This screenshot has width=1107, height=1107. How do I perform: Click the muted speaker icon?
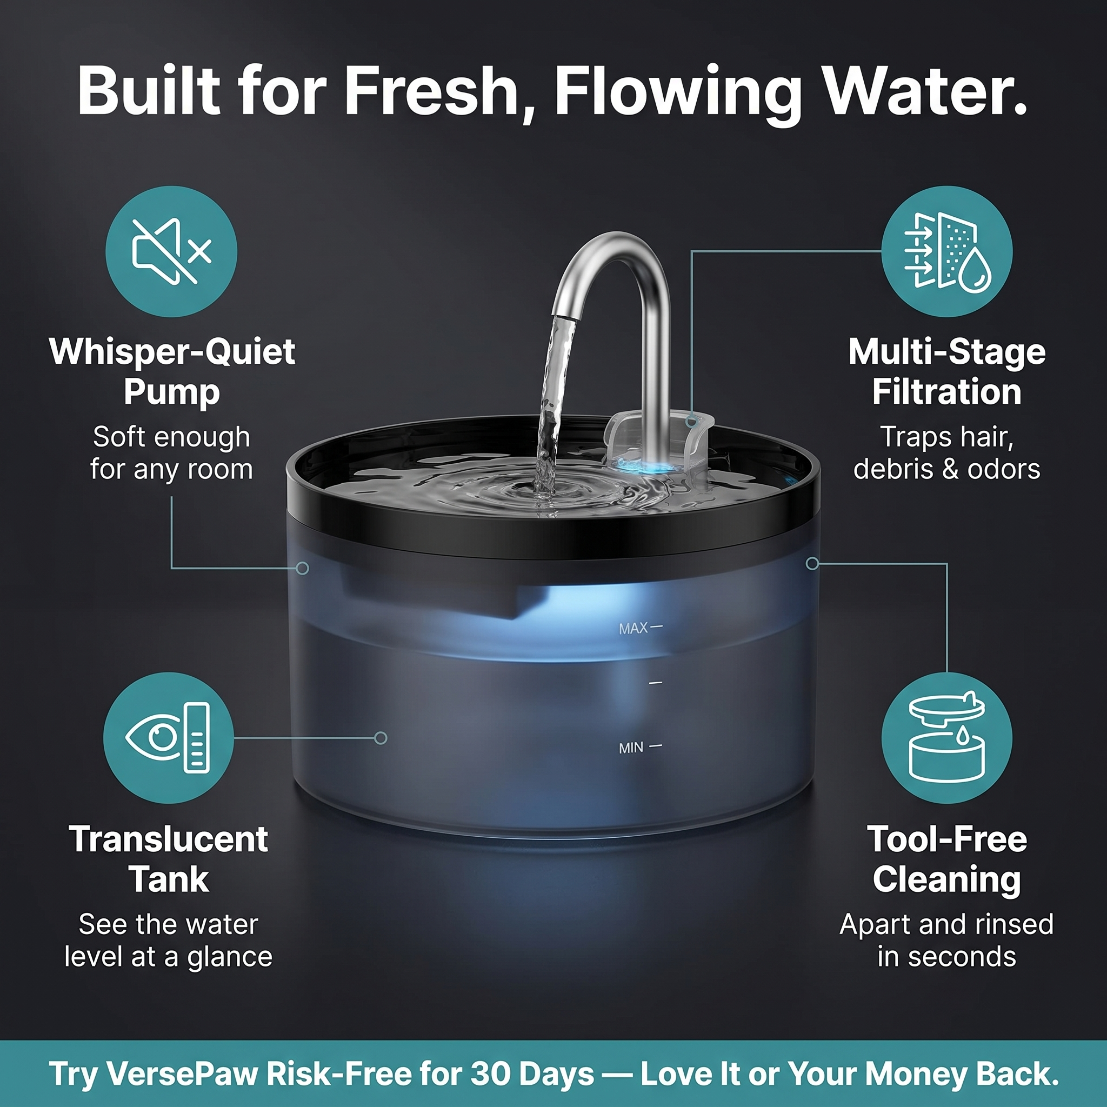pos(171,251)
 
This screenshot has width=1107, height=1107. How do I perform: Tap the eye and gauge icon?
pos(168,737)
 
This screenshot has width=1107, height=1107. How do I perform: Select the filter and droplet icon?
pos(946,251)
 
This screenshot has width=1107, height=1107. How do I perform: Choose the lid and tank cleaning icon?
pos(946,737)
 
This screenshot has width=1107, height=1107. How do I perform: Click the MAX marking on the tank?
pos(633,629)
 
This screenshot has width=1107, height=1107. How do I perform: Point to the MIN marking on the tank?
pos(631,748)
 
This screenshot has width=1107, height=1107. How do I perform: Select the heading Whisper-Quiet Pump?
pos(172,371)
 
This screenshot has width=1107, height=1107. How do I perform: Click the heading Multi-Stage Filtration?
pos(946,371)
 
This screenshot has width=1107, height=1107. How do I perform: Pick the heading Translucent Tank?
pos(169,859)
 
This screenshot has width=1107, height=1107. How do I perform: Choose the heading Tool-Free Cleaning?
pos(946,859)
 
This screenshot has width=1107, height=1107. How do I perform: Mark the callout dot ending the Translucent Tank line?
pos(381,738)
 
